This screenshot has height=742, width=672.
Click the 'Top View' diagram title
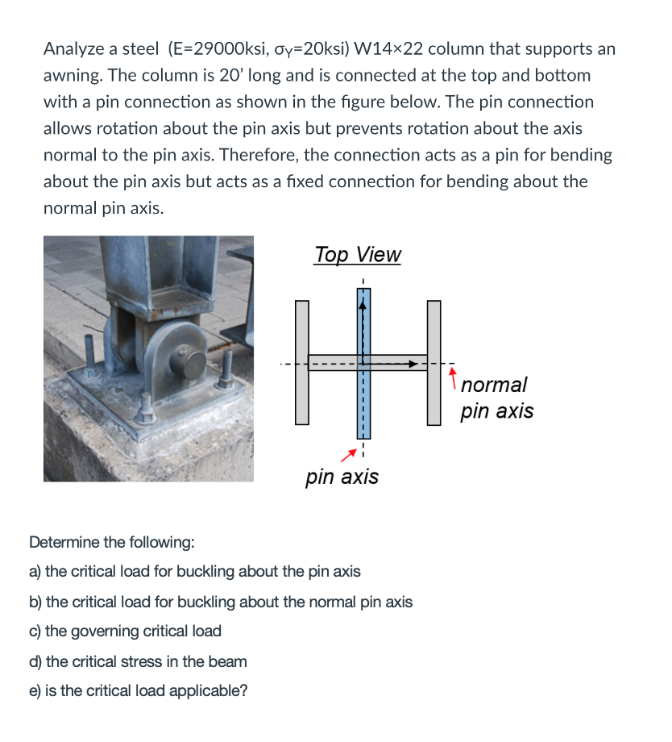(357, 255)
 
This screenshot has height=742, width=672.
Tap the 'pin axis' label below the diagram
(342, 477)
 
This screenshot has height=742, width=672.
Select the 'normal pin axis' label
(496, 398)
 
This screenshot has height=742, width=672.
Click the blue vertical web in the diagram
(363, 403)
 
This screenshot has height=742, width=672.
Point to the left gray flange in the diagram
(302, 362)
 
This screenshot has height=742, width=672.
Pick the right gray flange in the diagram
(434, 362)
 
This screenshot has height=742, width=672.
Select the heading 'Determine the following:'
(111, 541)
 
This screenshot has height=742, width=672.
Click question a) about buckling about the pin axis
(194, 572)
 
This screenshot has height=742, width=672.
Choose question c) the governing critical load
(125, 631)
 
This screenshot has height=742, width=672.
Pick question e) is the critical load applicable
(138, 690)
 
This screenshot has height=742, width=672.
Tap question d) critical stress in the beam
(138, 661)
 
